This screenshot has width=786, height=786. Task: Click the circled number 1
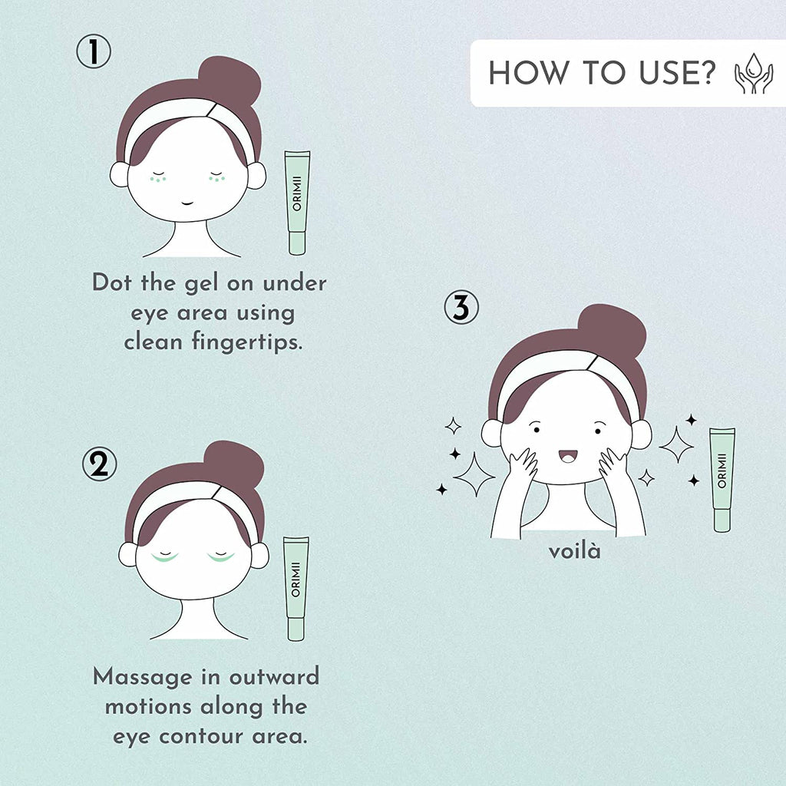point(94,51)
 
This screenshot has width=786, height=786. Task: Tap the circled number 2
point(100,464)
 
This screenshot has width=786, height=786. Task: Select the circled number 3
point(461,307)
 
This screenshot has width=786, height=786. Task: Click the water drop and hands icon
point(754,73)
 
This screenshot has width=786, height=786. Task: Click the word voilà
point(574,551)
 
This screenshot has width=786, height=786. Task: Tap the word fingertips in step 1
point(248,343)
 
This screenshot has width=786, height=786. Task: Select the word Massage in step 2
point(143,678)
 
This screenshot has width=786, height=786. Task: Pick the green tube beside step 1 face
point(297,203)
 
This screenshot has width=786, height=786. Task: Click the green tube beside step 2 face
point(296,589)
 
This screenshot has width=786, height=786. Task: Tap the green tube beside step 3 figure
point(722,480)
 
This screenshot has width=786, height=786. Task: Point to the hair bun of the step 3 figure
point(613,329)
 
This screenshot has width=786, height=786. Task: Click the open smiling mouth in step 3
point(568,456)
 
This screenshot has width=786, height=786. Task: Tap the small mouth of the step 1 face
point(187,203)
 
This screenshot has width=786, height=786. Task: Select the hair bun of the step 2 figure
point(233,464)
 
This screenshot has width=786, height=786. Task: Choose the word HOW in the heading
point(530,73)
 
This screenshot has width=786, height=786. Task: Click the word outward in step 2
point(274,677)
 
